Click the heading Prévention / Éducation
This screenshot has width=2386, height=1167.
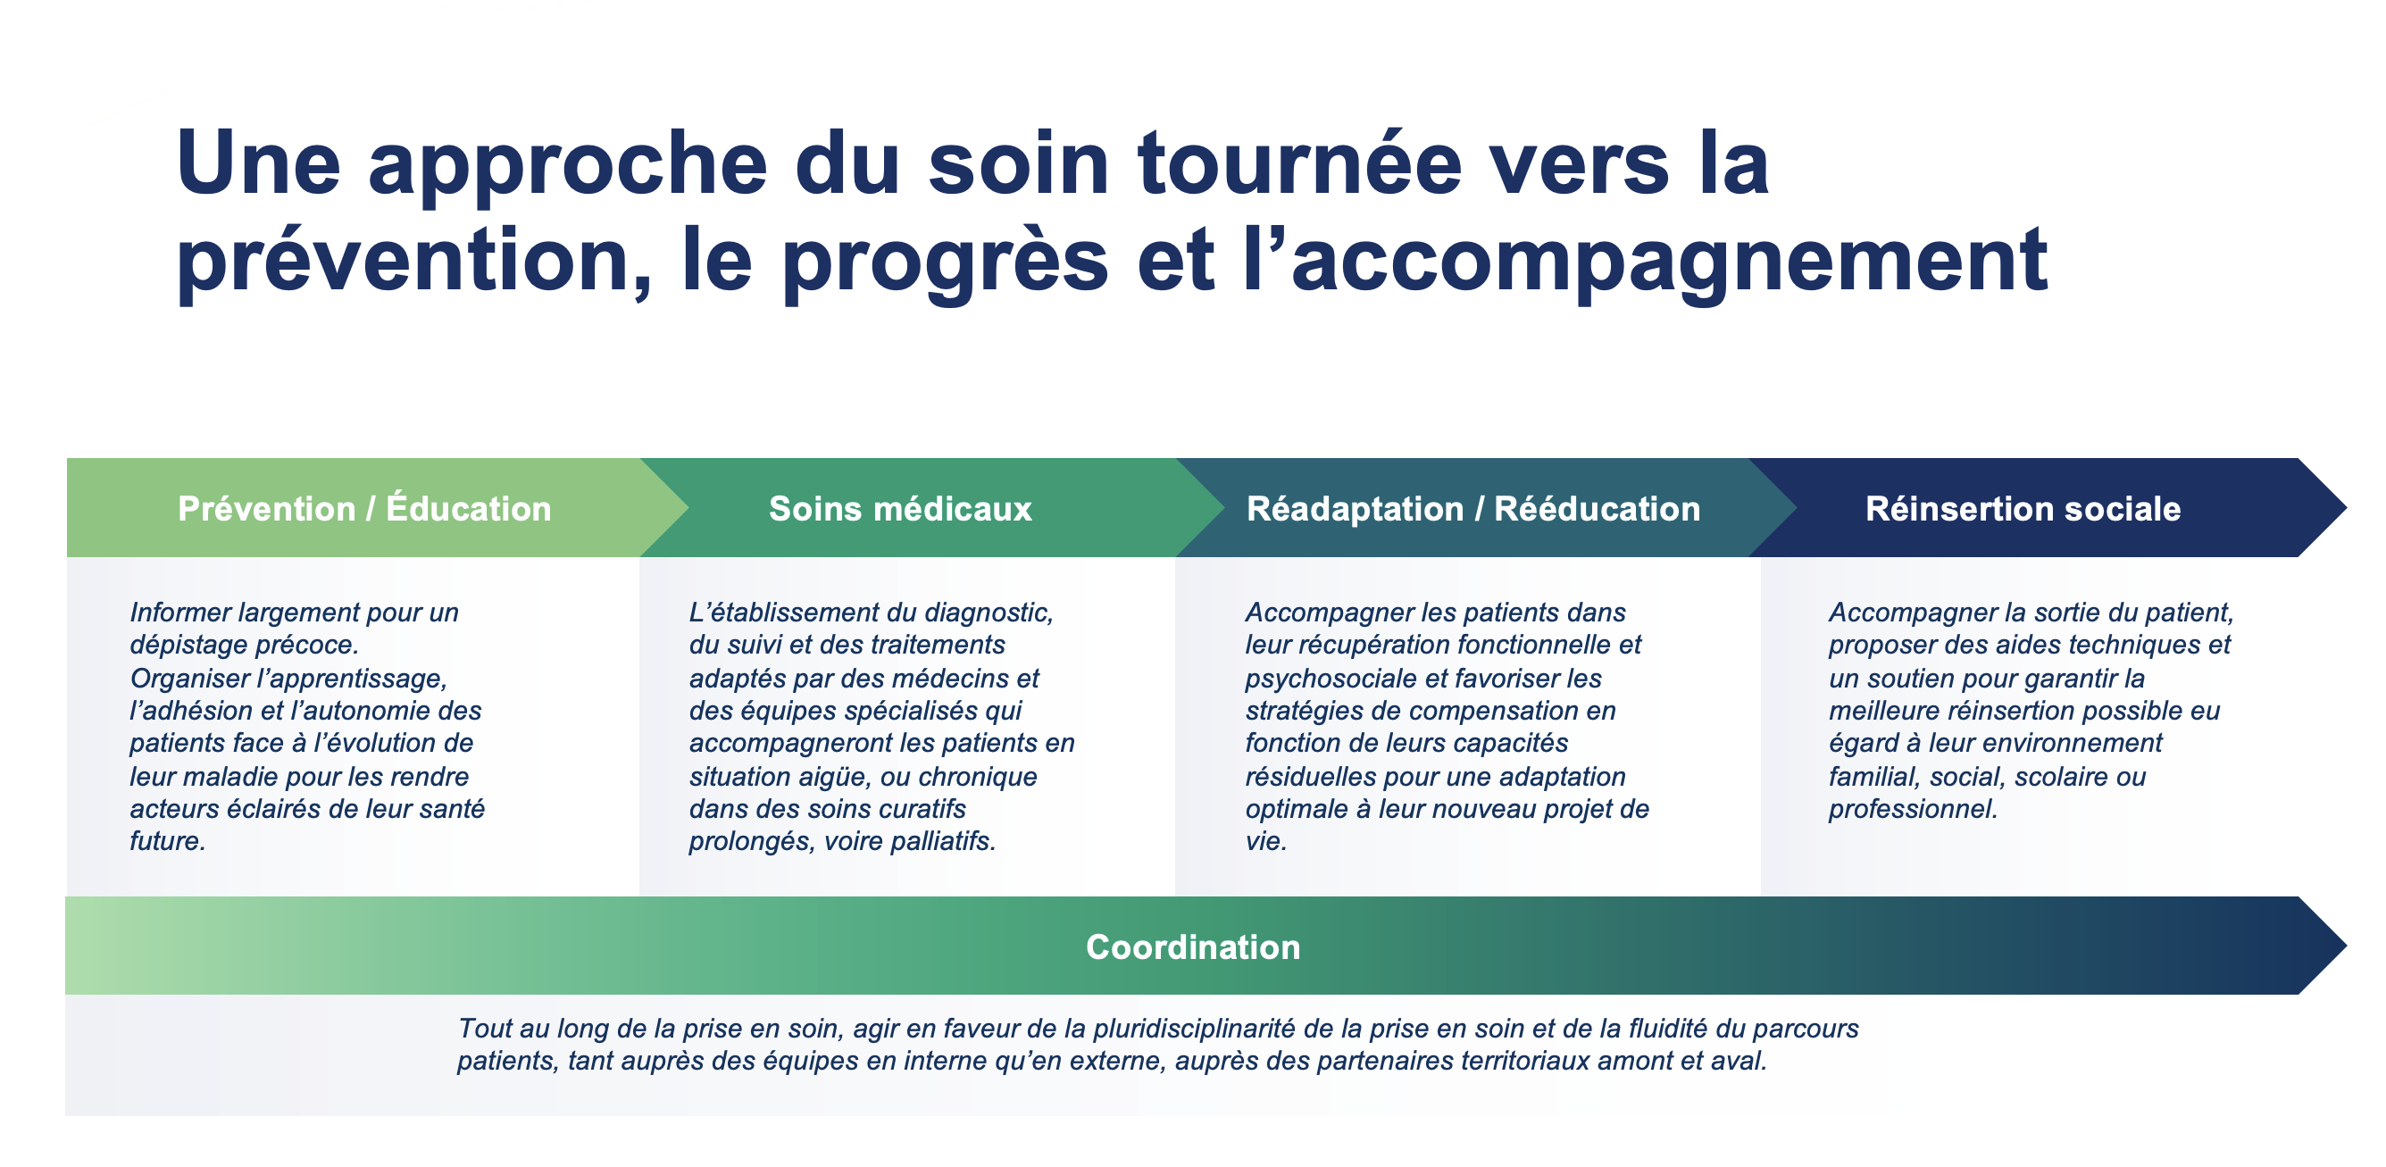(x=364, y=508)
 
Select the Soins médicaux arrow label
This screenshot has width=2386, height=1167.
(x=899, y=508)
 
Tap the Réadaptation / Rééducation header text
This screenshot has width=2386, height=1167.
(x=1472, y=508)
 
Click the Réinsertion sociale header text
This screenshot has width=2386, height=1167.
(x=2022, y=508)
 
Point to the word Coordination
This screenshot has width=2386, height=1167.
(x=1192, y=946)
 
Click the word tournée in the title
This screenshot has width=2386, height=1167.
(x=1298, y=164)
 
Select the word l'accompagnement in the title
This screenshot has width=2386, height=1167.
(x=1644, y=263)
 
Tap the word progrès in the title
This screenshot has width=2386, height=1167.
(x=945, y=263)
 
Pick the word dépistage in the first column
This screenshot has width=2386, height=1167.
(x=188, y=645)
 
